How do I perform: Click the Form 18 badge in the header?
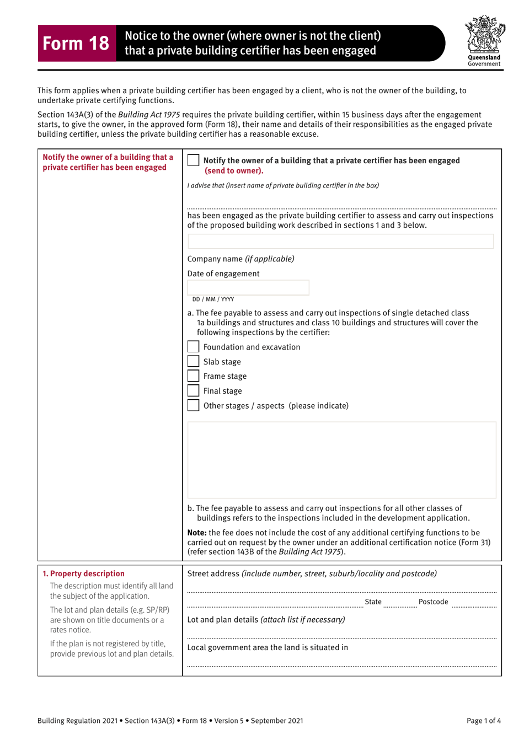pos(76,43)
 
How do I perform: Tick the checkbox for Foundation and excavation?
pos(193,347)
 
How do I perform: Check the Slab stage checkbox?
pos(193,362)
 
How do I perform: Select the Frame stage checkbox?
pos(193,376)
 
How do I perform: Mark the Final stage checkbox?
pos(193,391)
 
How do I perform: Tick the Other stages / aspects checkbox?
pos(193,405)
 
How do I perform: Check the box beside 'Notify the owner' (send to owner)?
pos(193,160)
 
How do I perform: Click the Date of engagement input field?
pos(248,287)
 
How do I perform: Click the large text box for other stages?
pos(341,460)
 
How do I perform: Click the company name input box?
pos(340,242)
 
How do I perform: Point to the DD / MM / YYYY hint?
pos(213,299)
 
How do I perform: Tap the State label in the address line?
pos(373,602)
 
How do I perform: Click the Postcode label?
pos(433,602)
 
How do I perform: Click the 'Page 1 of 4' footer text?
pos(483,721)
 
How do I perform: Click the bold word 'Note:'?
pos(197,533)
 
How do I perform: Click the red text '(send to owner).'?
pos(234,171)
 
